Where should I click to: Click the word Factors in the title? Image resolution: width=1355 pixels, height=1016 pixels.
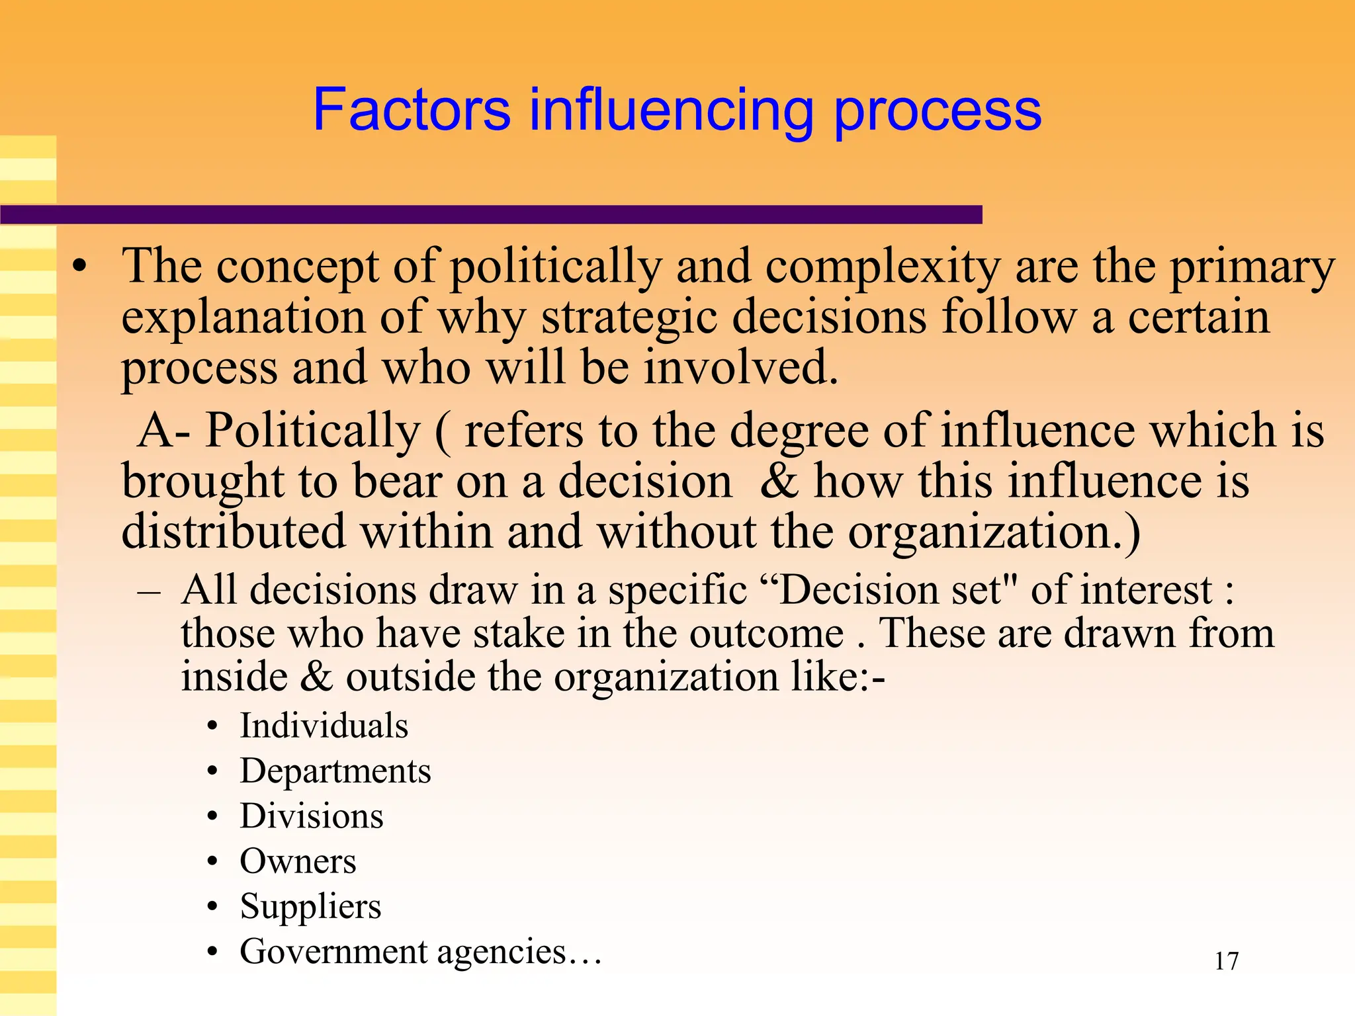(412, 109)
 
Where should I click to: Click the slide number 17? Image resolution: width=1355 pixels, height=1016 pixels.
(1226, 961)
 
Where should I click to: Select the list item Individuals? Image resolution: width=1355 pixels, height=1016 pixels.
(324, 726)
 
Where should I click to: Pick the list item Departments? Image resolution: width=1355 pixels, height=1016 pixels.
(335, 771)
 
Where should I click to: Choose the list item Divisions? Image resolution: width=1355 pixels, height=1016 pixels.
(312, 816)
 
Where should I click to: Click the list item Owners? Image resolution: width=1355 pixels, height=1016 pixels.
(298, 861)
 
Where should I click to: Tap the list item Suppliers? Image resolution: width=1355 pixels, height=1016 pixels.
(310, 907)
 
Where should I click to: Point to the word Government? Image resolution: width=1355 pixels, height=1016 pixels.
(333, 952)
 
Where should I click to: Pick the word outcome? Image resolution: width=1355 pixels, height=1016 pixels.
(766, 634)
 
